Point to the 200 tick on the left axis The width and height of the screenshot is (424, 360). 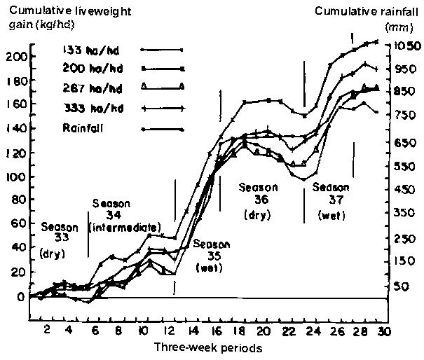click(x=15, y=57)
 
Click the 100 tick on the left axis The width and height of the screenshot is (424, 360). click(x=15, y=176)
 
